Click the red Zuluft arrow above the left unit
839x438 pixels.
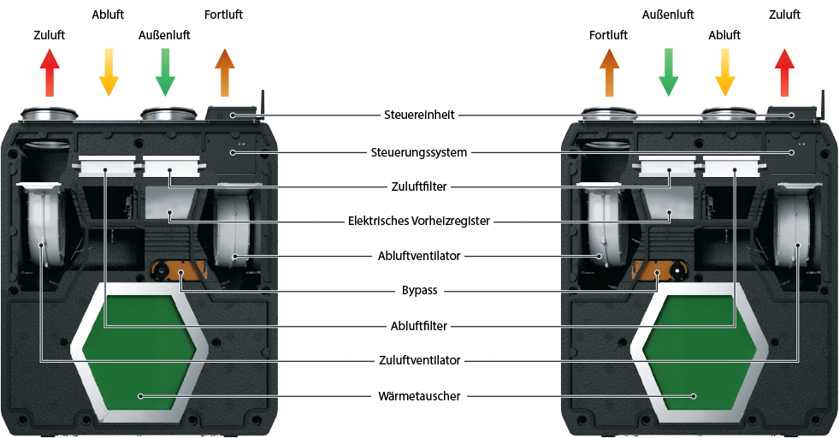(x=50, y=72)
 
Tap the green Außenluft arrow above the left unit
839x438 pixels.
(x=165, y=72)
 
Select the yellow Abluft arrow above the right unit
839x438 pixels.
(x=725, y=72)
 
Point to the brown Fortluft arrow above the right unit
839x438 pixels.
(x=610, y=72)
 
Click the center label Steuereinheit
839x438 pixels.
(x=419, y=115)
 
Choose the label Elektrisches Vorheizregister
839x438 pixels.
(x=419, y=221)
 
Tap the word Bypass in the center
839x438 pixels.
(x=419, y=291)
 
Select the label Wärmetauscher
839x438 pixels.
(x=419, y=396)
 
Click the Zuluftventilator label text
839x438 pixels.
(x=419, y=360)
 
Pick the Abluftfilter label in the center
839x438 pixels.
(x=419, y=326)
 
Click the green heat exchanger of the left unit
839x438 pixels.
(x=139, y=350)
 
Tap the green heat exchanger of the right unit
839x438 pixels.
(x=700, y=350)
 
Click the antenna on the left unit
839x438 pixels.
(x=263, y=105)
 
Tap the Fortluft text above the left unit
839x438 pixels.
(x=224, y=15)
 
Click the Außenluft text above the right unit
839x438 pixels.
(x=668, y=15)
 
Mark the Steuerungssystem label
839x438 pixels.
(x=419, y=152)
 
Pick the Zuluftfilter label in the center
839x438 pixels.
(x=419, y=186)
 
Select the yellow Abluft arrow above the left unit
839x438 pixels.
(x=109, y=72)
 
